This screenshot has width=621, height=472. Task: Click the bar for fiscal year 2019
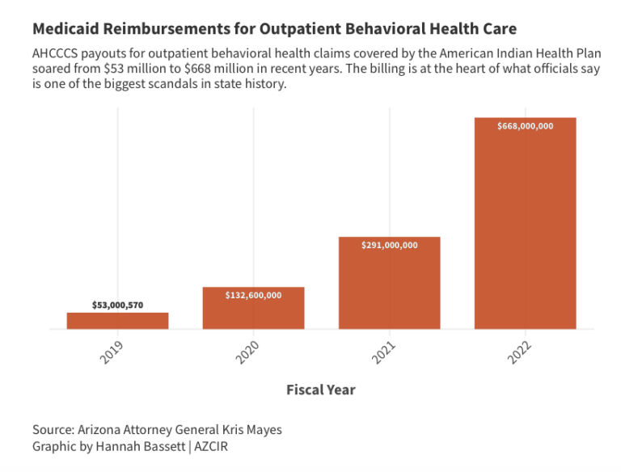pyautogui.click(x=117, y=321)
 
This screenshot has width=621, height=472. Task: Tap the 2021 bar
pyautogui.click(x=389, y=284)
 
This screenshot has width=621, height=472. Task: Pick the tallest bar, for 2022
pyautogui.click(x=525, y=226)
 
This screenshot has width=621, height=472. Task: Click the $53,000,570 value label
pyautogui.click(x=117, y=306)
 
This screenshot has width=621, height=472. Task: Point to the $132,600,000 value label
pyautogui.click(x=253, y=295)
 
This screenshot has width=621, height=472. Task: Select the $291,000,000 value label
pyautogui.click(x=389, y=245)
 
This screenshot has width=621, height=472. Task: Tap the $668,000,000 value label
pyautogui.click(x=525, y=126)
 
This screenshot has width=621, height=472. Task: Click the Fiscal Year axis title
pyautogui.click(x=321, y=390)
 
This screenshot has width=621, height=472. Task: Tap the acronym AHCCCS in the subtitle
pyautogui.click(x=57, y=53)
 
